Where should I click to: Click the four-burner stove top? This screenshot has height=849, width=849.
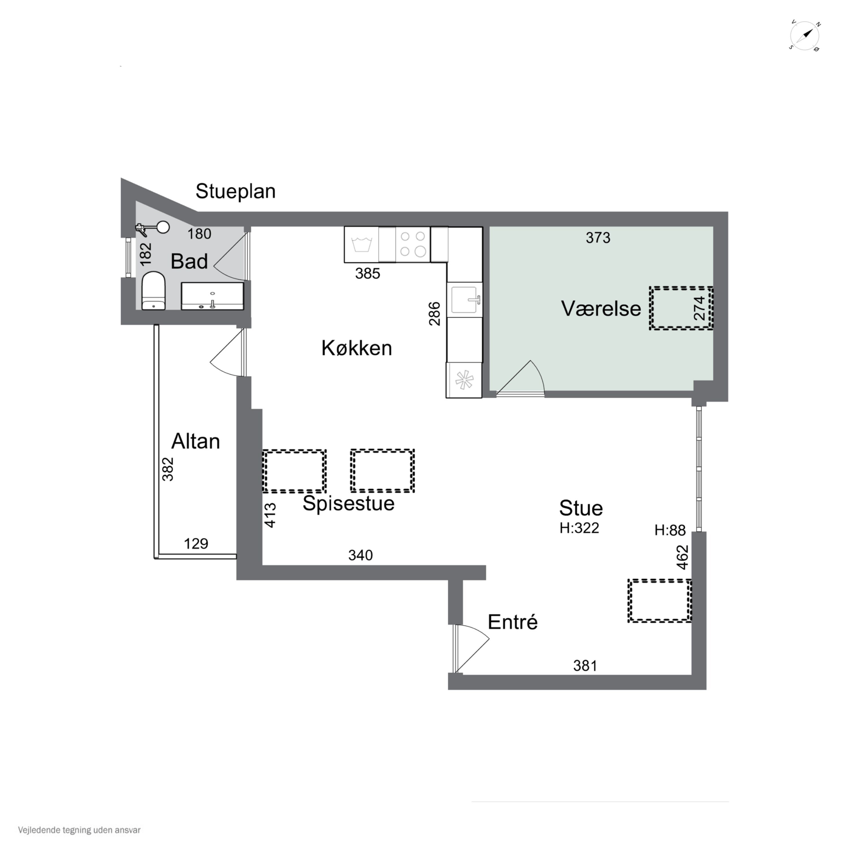point(413,244)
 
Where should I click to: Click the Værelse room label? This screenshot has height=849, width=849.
point(601,308)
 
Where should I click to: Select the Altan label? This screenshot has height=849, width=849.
point(196,441)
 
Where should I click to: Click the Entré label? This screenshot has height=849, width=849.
point(513,622)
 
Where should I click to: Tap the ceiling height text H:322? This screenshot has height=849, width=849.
point(579,528)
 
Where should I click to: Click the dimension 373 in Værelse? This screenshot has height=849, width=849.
point(598,238)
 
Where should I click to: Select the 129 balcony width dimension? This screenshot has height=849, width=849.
point(196,544)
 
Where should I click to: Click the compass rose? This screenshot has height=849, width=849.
point(805,36)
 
